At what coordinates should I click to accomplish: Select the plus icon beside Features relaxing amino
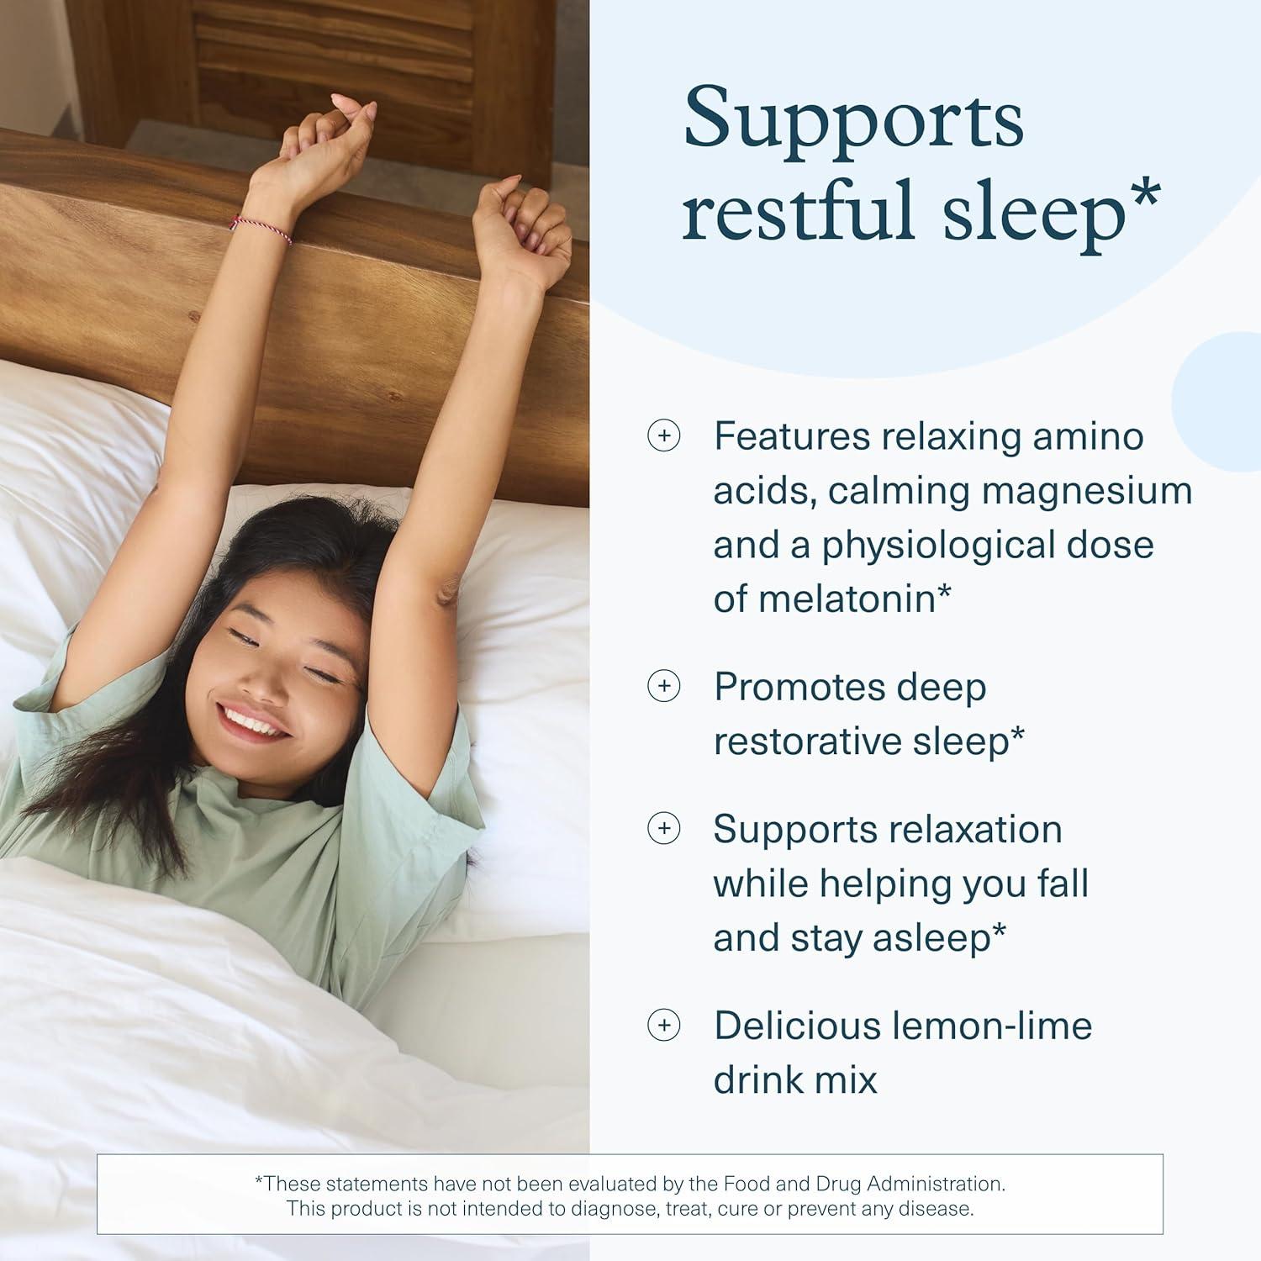tap(663, 436)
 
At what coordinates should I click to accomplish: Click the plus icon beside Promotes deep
tap(663, 687)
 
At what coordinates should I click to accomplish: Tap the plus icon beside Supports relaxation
tap(663, 829)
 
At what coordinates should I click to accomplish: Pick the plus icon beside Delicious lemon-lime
tap(663, 1026)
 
